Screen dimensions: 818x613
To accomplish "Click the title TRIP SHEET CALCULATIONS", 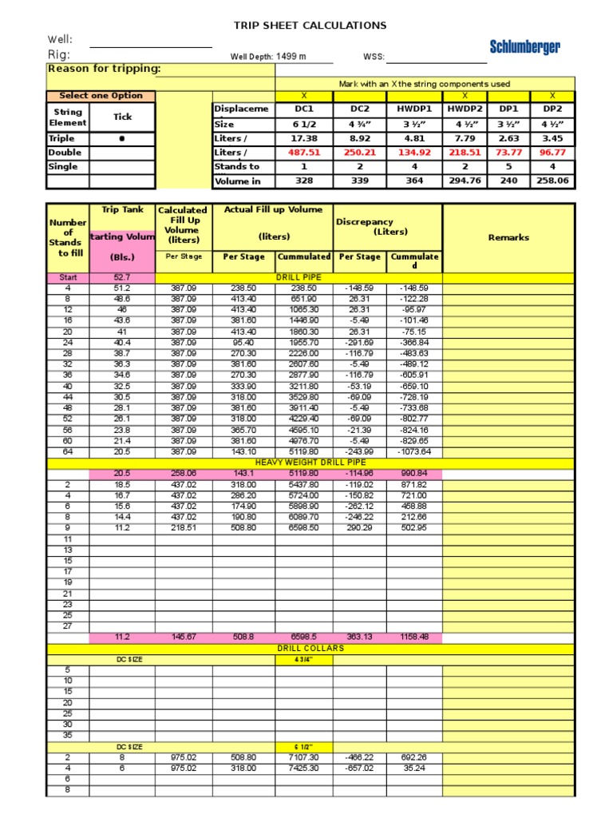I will (x=310, y=26).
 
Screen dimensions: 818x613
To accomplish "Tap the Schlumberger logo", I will (x=524, y=47).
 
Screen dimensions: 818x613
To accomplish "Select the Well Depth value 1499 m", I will (x=291, y=57).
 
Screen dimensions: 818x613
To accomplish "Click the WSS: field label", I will (x=374, y=57).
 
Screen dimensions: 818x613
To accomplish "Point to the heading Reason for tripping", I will (x=104, y=69).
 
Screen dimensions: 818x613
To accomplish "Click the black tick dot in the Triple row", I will (x=122, y=138).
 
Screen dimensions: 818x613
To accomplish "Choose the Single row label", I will (x=63, y=166).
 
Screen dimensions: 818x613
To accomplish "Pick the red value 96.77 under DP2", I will (x=552, y=152).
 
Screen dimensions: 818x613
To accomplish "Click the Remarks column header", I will (x=508, y=237).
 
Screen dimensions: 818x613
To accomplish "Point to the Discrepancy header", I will (x=365, y=221).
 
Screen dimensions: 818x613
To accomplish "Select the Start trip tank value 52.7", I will (x=122, y=277).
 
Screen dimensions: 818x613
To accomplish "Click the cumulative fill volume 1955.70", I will (x=304, y=342).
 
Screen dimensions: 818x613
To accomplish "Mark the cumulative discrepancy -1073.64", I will (x=414, y=451).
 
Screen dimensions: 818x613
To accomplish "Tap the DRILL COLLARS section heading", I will (x=310, y=648).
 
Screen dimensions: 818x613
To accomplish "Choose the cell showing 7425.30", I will (x=304, y=768).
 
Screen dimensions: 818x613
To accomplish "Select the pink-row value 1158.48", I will (x=414, y=637).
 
